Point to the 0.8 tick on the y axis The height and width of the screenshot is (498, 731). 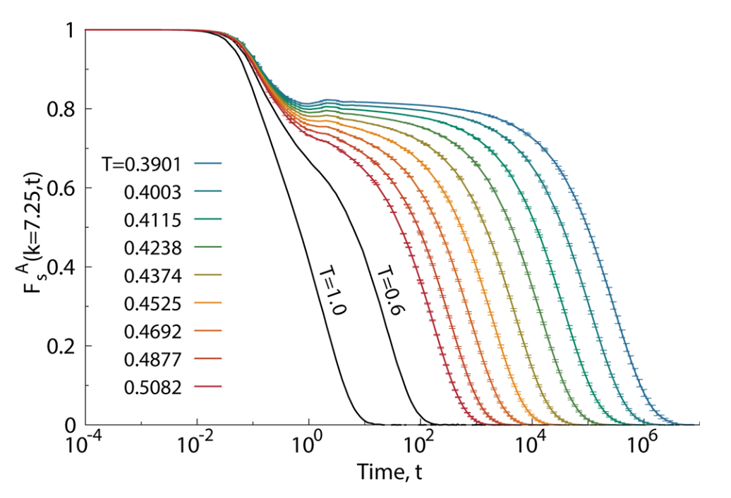(x=66, y=109)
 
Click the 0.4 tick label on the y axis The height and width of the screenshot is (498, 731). (x=66, y=267)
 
